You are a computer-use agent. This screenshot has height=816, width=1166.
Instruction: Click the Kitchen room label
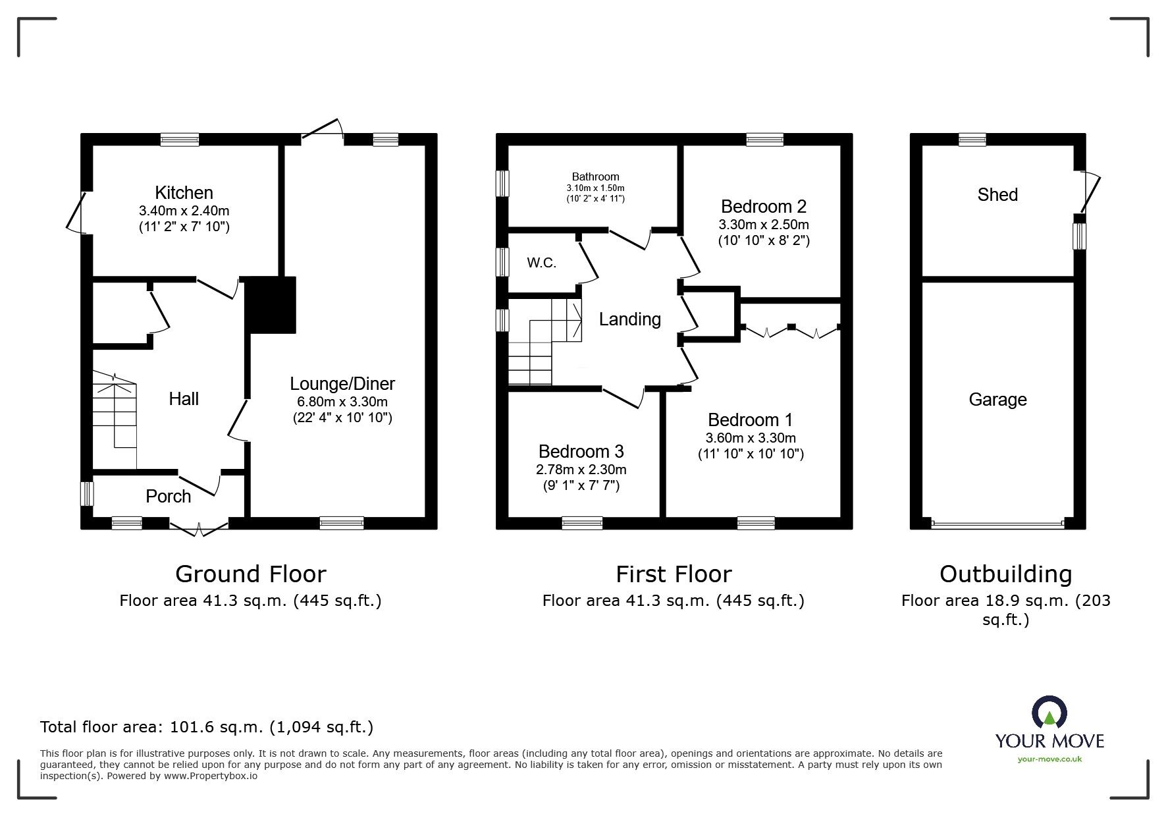[x=184, y=193]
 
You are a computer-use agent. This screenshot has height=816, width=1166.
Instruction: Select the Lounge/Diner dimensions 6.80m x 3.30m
[x=342, y=401]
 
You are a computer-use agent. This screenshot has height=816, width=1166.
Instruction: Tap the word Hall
[x=184, y=398]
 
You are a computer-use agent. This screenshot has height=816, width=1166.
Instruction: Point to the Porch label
[x=169, y=497]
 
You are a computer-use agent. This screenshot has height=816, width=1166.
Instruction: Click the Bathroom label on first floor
[x=595, y=177]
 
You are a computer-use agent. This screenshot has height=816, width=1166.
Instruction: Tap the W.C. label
[x=541, y=263]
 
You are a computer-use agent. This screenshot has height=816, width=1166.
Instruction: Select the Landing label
[x=629, y=319]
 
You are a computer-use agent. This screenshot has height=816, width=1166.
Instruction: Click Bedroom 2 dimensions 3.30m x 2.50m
[x=764, y=225]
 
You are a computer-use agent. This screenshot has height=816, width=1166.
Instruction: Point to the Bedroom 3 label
[x=581, y=452]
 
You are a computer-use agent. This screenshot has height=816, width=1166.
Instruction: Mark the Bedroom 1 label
[x=751, y=420]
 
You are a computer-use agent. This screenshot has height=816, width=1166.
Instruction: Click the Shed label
[x=997, y=195]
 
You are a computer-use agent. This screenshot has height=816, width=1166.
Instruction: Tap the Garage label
[x=997, y=400]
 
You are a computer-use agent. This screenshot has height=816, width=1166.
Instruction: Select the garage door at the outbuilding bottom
[x=997, y=524]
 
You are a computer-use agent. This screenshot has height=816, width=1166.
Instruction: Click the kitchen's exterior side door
[x=74, y=212]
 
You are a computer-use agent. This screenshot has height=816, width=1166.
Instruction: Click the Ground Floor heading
[x=250, y=574]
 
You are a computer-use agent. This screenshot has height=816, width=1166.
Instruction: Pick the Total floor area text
[x=207, y=727]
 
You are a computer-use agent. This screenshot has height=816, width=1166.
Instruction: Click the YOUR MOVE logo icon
[x=1049, y=714]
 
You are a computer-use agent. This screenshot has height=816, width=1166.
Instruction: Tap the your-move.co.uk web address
[x=1049, y=759]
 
